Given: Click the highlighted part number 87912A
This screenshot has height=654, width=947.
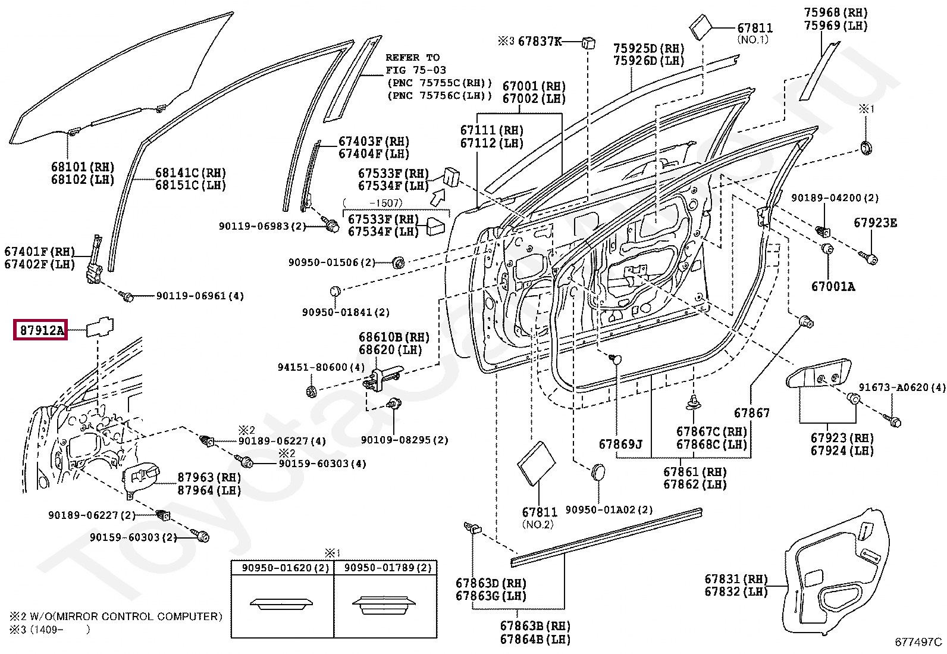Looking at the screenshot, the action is tap(40, 330).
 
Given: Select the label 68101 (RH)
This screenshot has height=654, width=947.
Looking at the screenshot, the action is tap(83, 167).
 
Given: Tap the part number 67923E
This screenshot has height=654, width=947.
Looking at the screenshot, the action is tap(875, 223).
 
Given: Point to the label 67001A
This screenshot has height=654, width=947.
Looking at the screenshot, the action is tap(833, 286).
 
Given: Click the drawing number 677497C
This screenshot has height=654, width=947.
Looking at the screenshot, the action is tap(918, 642).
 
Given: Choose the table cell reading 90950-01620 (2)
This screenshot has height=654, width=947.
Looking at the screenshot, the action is tap(286, 568).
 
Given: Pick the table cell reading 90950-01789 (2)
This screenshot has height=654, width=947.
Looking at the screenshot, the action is tap(388, 568).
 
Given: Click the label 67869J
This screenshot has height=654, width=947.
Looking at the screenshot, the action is tap(620, 444).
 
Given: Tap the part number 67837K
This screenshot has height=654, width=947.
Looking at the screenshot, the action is tap(540, 42).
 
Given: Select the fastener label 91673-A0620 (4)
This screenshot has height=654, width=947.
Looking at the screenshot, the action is tap(902, 387).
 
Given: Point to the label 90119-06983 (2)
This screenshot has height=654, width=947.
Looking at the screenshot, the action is tap(262, 226).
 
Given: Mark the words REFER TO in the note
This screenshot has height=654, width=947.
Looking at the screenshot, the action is tap(413, 58).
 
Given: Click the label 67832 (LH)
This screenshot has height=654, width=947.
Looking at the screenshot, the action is tap(736, 592).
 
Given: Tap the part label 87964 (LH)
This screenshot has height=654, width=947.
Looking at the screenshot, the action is tap(209, 490).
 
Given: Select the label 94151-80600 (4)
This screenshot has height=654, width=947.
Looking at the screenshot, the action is tap(321, 367).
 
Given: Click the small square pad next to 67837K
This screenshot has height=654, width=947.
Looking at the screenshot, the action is tap(588, 43).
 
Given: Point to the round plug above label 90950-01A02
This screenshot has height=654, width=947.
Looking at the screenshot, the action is tap(598, 472).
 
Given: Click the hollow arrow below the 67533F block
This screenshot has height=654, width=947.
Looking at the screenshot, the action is tap(439, 197).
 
